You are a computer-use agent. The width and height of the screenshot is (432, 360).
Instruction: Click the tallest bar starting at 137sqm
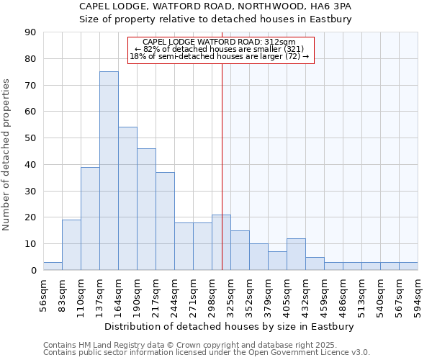tap(109, 171)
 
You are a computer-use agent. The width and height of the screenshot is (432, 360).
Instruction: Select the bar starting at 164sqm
tap(127, 199)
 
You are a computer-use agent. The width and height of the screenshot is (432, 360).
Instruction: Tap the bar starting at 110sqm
tap(90, 218)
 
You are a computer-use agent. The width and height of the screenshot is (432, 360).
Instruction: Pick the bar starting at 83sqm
tap(71, 245)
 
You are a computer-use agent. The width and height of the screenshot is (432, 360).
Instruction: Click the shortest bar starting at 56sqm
tap(53, 266)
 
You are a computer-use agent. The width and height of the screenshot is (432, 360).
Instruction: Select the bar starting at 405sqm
tap(296, 254)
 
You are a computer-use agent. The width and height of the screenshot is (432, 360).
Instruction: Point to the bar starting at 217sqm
tap(165, 221)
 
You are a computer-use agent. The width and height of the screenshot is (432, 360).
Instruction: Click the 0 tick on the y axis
tap(33, 271)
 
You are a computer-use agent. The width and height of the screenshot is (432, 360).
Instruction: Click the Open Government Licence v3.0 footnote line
tap(207, 352)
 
